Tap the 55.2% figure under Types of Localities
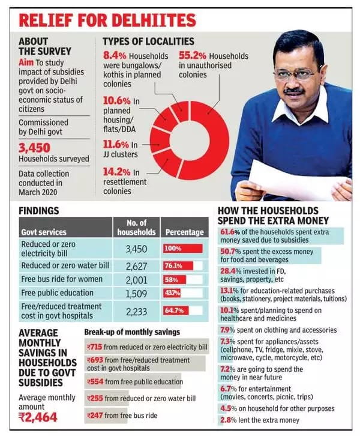pyautogui.click(x=192, y=55)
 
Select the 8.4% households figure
pyautogui.click(x=115, y=55)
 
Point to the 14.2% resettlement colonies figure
pyautogui.click(x=116, y=172)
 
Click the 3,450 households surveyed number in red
pyautogui.click(x=34, y=148)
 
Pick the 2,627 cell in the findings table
pyautogui.click(x=136, y=267)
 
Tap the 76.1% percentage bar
pyautogui.click(x=178, y=266)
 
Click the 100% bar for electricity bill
pyautogui.click(x=183, y=248)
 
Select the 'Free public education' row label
pyautogui.click(x=57, y=293)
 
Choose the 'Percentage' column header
pyautogui.click(x=184, y=232)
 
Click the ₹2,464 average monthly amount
pyautogui.click(x=38, y=417)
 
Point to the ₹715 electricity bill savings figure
pyautogui.click(x=94, y=347)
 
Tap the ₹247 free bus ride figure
pyautogui.click(x=95, y=416)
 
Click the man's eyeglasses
pyautogui.click(x=297, y=73)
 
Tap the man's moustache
pyautogui.click(x=294, y=91)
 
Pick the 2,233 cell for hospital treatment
pyautogui.click(x=136, y=312)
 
